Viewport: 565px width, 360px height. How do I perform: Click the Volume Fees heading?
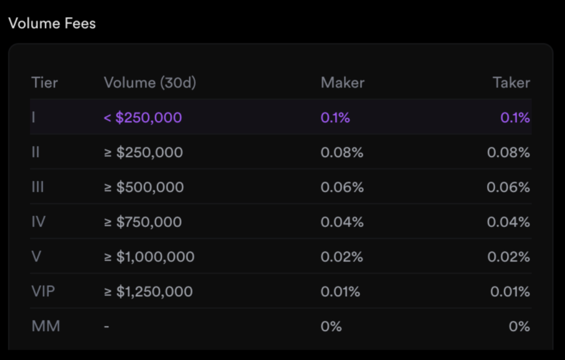point(52,23)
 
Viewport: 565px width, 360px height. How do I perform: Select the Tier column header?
point(44,83)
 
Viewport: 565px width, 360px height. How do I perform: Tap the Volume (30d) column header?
point(150,83)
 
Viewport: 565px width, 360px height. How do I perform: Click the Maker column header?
point(342,83)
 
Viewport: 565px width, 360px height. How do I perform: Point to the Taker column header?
point(511,83)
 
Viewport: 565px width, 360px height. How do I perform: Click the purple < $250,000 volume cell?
point(143,118)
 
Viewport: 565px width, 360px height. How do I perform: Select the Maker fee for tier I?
point(335,118)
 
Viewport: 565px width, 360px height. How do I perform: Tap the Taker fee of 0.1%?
point(515,118)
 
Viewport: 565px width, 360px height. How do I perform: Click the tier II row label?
point(36,152)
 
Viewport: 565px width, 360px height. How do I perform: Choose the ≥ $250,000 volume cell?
point(143,152)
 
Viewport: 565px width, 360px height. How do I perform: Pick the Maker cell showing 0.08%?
point(342,152)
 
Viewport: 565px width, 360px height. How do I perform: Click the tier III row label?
point(37,187)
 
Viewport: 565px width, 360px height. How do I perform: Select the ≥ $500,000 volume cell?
point(144,187)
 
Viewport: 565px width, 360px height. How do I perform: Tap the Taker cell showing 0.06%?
point(508,187)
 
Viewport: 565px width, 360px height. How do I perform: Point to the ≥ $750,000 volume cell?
point(143,222)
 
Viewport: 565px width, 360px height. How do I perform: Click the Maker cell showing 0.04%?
point(342,222)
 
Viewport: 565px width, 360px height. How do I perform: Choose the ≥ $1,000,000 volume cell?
point(149,257)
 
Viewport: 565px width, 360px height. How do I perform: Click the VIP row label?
point(43,292)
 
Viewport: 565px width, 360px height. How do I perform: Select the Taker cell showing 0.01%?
point(510,292)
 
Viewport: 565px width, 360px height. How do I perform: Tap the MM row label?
point(46,326)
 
